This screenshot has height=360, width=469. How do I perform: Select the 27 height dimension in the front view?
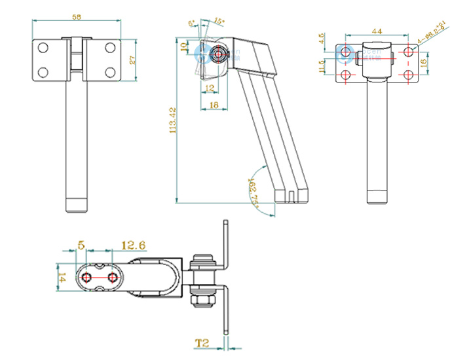[132, 60]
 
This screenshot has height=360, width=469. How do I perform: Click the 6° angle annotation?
[192, 24]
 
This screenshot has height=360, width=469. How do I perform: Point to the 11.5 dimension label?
[322, 67]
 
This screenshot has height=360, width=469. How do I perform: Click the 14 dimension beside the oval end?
[62, 278]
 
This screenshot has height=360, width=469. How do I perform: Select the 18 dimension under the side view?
[214, 103]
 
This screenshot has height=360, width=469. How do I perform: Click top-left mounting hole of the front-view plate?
[43, 48]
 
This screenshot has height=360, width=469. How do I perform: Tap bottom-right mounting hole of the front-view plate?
[110, 71]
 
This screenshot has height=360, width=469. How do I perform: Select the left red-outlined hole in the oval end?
[85, 278]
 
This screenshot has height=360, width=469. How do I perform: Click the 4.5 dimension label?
[322, 39]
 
